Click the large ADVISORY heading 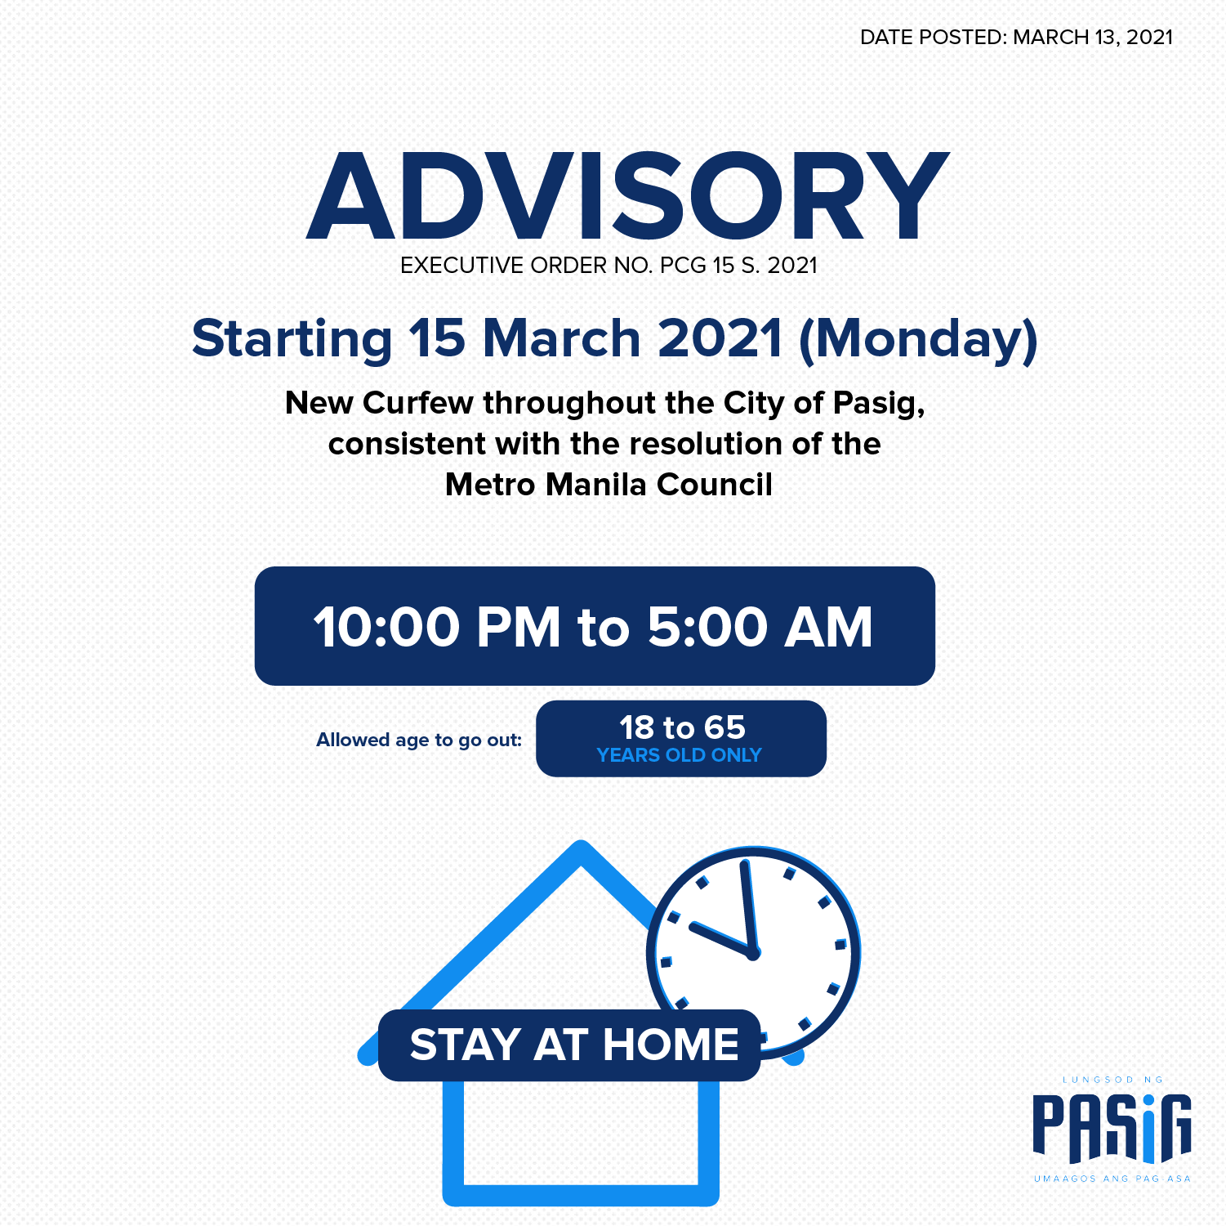[627, 197]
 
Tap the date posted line [1016, 38]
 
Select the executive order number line [609, 266]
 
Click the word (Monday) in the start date [918, 339]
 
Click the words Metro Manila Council [609, 485]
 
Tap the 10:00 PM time [437, 627]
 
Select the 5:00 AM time [760, 627]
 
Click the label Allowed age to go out [419, 741]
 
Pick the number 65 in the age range [725, 727]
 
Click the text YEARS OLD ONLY [679, 755]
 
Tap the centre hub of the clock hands [753, 952]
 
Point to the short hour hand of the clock [721, 938]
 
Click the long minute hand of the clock [748, 906]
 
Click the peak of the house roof [581, 847]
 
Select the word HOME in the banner [671, 1045]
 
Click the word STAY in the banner [466, 1045]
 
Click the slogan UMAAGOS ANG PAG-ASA [1112, 1179]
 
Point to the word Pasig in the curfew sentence [878, 404]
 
